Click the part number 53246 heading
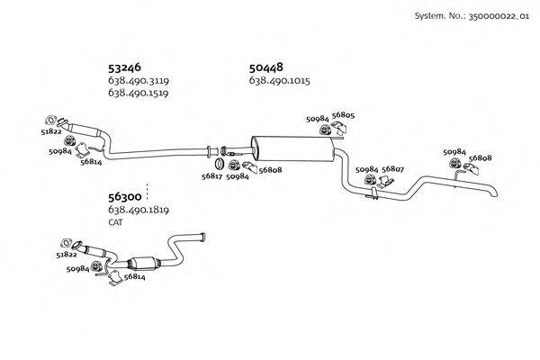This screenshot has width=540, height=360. (125, 67)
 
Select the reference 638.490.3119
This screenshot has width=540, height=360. (139, 81)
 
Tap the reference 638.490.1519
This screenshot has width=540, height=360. (139, 93)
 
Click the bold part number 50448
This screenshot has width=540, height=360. (266, 67)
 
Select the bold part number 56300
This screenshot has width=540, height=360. (125, 197)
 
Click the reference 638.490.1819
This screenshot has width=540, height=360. (139, 211)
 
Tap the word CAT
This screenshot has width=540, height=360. (115, 221)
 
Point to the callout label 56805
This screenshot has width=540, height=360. (343, 115)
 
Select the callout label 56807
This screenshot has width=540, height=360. (392, 168)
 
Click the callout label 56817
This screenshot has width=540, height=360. (212, 177)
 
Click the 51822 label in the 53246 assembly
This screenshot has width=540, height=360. (51, 131)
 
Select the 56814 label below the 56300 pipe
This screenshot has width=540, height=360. (135, 278)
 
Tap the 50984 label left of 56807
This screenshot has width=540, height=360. (366, 168)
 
